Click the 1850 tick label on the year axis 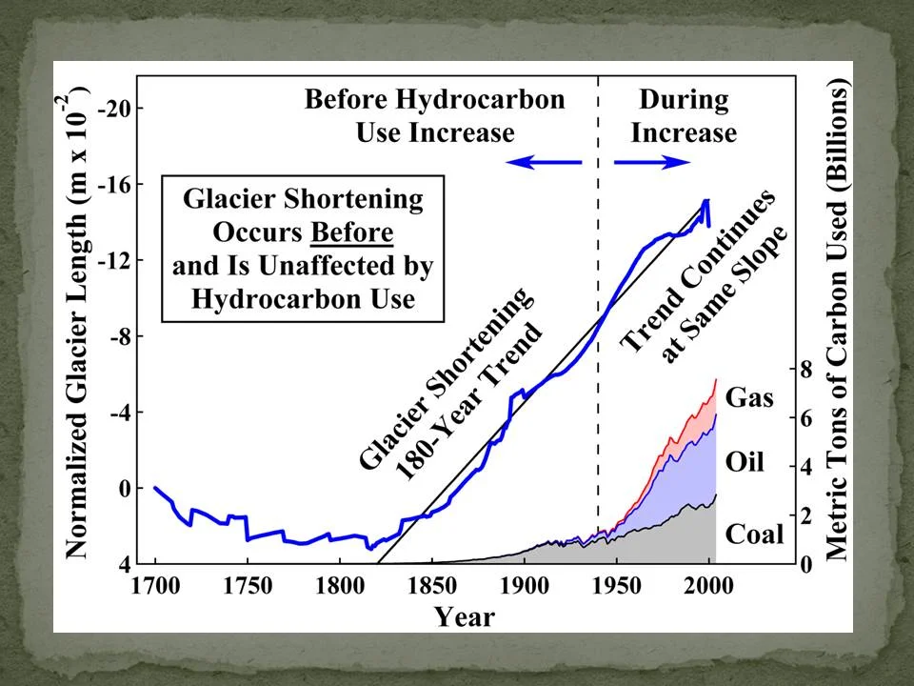(431, 585)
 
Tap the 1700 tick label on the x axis (154, 585)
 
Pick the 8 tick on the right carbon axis (805, 370)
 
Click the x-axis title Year (465, 616)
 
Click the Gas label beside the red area (749, 396)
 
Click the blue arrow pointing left (544, 163)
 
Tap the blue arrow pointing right (652, 163)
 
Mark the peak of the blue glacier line (705, 201)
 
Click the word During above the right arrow (684, 100)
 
